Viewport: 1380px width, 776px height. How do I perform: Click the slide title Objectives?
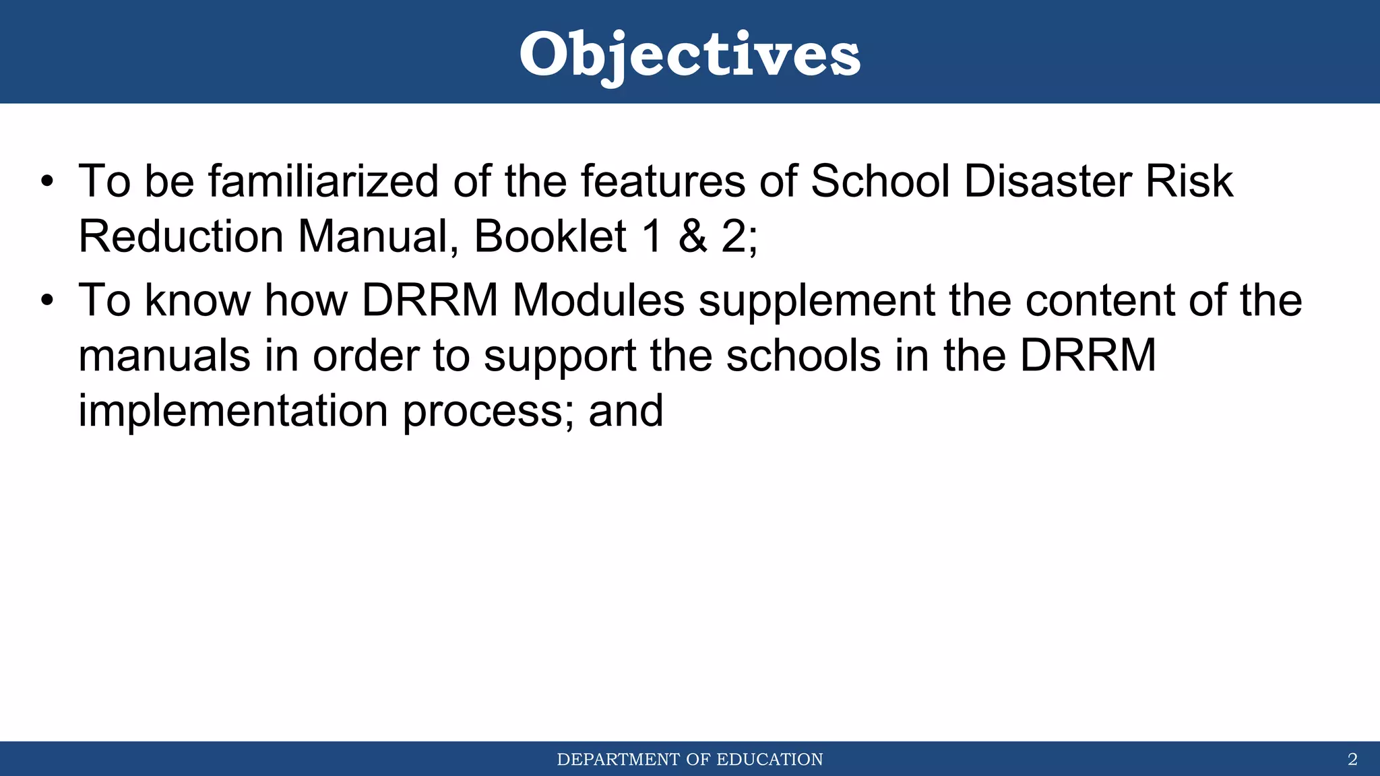click(689, 54)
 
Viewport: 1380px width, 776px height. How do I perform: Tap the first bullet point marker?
click(46, 182)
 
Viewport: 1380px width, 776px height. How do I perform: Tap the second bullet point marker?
click(46, 300)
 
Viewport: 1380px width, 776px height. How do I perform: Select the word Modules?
click(598, 300)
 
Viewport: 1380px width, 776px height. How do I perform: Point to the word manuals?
click(164, 355)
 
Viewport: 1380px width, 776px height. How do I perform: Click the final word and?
click(625, 410)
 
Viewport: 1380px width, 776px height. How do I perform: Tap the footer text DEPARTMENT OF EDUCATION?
click(690, 759)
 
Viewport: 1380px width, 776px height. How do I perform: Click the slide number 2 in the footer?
click(1352, 759)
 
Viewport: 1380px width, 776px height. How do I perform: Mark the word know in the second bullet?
click(197, 300)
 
